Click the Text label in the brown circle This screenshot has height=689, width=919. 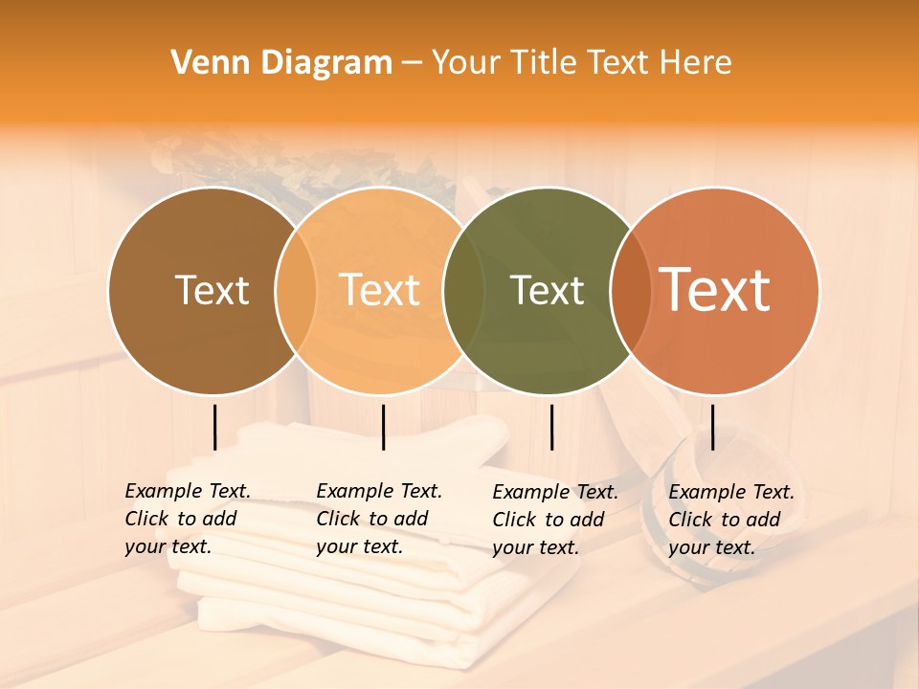click(212, 290)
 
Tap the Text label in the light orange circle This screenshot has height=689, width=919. click(380, 290)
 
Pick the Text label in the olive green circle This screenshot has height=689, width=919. click(548, 290)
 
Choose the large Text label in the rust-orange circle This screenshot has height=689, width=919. click(715, 290)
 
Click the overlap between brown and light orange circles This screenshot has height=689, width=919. click(296, 291)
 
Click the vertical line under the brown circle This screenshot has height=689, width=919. click(214, 427)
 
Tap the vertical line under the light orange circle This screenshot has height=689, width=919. click(383, 427)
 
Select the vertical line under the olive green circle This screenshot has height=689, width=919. click(551, 427)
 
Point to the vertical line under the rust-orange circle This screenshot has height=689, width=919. click(712, 427)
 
